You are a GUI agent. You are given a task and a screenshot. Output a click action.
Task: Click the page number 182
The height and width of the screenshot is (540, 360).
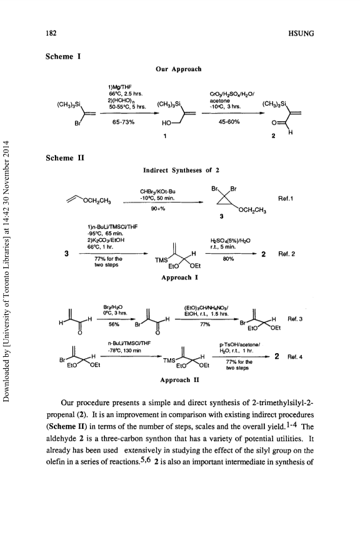pyautogui.click(x=51, y=33)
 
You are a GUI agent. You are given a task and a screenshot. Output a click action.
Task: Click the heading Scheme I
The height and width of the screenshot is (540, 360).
pyautogui.click(x=63, y=56)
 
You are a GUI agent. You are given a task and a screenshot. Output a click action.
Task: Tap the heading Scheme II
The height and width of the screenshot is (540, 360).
pyautogui.click(x=65, y=158)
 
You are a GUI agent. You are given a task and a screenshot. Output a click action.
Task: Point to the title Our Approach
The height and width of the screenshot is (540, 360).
pyautogui.click(x=179, y=69)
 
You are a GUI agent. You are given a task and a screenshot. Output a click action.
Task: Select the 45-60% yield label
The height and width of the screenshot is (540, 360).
pyautogui.click(x=229, y=122)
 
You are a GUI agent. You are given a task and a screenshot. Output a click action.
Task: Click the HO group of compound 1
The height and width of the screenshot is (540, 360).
pyautogui.click(x=166, y=123)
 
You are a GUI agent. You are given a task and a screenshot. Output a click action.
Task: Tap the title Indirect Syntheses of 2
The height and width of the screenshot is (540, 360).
pyautogui.click(x=181, y=170)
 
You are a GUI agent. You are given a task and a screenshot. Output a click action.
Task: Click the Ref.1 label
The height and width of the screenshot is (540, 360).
pyautogui.click(x=285, y=199)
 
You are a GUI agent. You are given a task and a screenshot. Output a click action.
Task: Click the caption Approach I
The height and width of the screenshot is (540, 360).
pyautogui.click(x=179, y=277)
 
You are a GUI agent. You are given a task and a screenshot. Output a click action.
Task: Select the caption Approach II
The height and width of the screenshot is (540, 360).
pyautogui.click(x=180, y=380)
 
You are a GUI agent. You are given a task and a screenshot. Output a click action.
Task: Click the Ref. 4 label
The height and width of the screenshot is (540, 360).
pyautogui.click(x=294, y=357)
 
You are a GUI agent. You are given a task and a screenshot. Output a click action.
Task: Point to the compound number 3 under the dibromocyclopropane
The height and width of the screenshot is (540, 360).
pyautogui.click(x=221, y=216)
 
